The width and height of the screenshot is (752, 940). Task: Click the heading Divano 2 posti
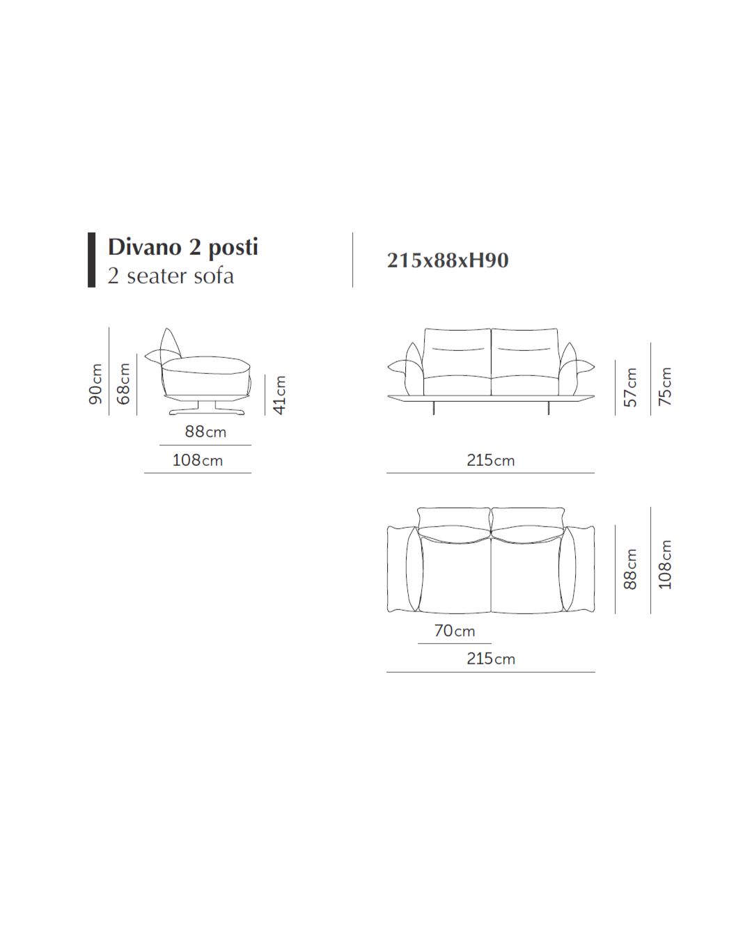click(183, 247)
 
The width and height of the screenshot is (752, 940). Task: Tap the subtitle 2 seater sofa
click(171, 276)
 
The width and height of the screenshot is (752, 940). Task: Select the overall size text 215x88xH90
click(448, 260)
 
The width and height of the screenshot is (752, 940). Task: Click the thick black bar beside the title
click(91, 260)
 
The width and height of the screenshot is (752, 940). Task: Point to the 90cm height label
click(96, 383)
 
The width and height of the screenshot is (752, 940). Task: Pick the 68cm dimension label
click(124, 383)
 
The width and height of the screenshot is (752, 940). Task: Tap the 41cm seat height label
click(279, 395)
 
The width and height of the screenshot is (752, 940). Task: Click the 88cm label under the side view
click(205, 432)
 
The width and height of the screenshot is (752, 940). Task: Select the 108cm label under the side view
click(198, 460)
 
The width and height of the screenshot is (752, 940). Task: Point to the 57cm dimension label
click(630, 387)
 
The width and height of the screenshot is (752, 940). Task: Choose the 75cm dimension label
click(666, 386)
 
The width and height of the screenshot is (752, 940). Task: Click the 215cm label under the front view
click(491, 460)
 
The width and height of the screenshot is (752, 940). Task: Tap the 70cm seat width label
click(455, 631)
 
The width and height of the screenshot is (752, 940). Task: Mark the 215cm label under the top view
click(491, 659)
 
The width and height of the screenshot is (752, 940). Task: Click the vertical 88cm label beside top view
click(630, 569)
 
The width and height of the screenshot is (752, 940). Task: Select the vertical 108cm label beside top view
click(666, 565)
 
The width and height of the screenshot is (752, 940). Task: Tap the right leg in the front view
click(549, 407)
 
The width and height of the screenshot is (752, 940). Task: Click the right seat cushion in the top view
click(526, 574)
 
